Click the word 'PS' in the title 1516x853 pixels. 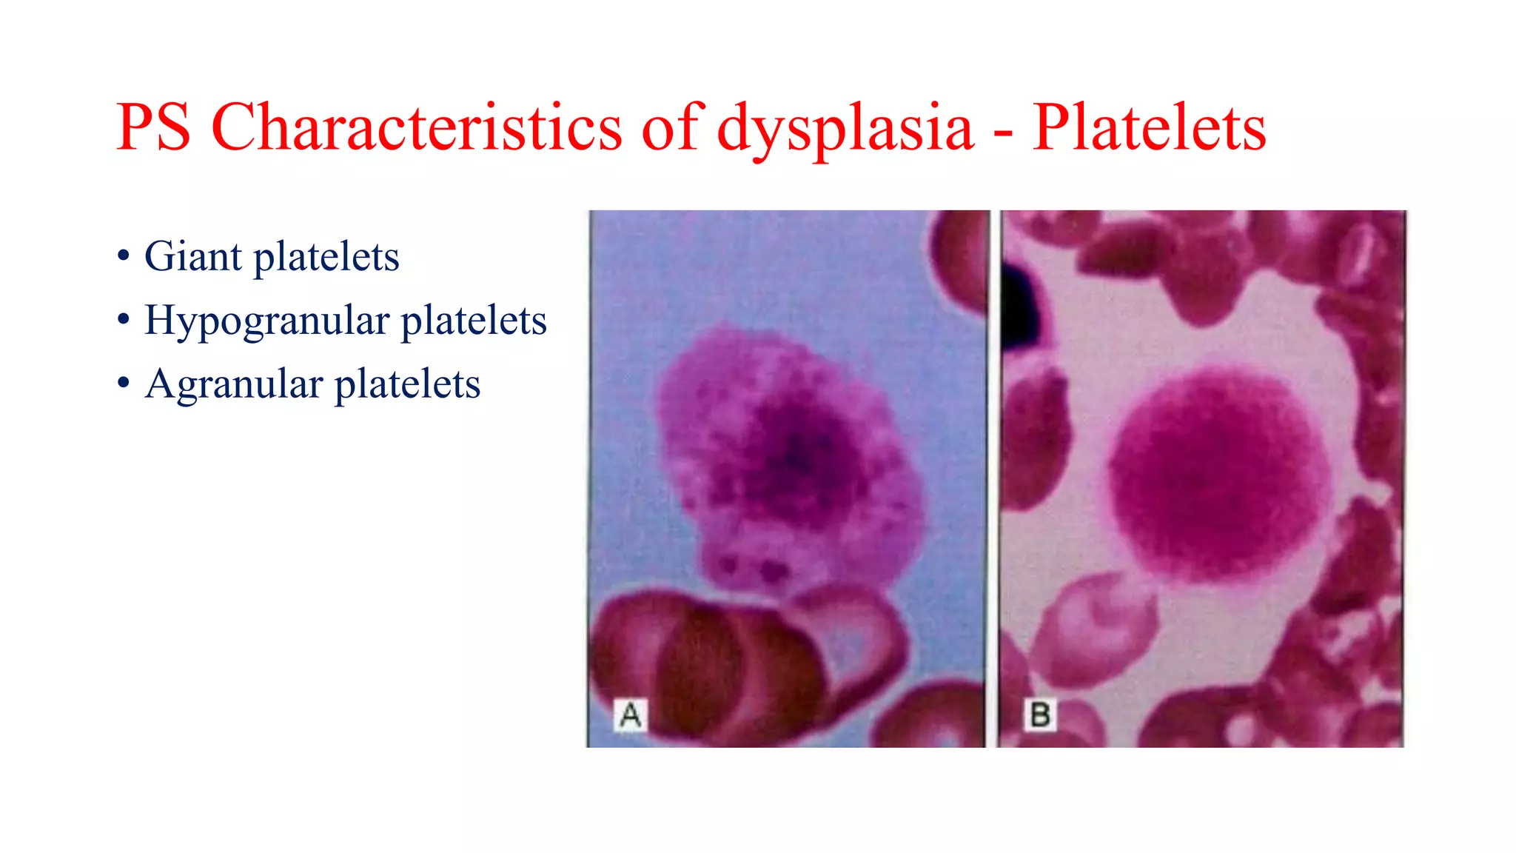(153, 127)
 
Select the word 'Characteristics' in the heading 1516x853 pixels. (416, 127)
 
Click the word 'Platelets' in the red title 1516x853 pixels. (1149, 127)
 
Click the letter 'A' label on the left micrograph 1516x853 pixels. (631, 715)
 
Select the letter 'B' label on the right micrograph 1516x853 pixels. (1040, 715)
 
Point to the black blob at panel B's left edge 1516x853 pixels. (1019, 304)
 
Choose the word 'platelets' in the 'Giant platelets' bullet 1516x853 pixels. (326, 258)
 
